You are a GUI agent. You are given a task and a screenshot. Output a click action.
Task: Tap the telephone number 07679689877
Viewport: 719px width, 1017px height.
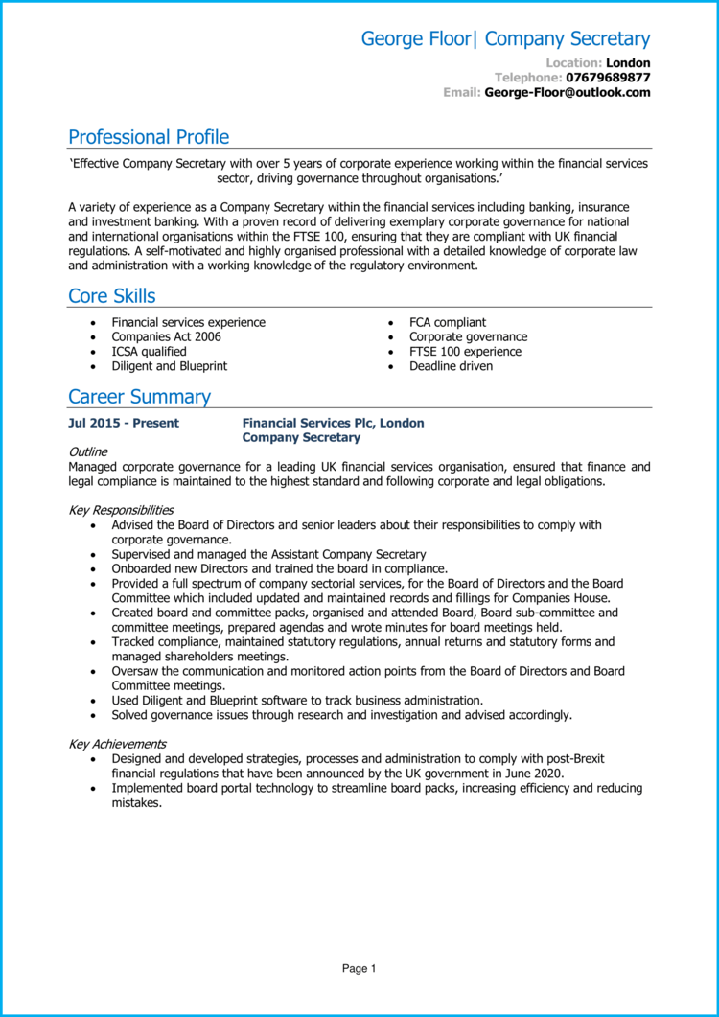tap(608, 78)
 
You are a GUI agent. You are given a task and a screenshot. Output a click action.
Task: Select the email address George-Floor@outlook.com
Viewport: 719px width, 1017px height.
tap(568, 93)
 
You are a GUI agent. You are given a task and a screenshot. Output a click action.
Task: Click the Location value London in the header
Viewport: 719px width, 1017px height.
tap(628, 63)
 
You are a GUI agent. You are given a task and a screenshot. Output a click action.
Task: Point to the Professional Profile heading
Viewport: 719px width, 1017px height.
tap(149, 137)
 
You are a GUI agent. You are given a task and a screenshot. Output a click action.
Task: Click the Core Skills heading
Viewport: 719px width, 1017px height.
tap(111, 296)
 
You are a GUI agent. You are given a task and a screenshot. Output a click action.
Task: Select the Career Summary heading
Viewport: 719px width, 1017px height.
tap(139, 397)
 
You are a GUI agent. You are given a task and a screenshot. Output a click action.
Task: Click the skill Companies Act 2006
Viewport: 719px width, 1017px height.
tap(166, 337)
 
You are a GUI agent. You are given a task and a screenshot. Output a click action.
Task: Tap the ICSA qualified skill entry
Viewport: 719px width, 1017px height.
tap(149, 352)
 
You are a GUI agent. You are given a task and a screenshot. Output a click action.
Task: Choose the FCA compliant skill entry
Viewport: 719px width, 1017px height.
tap(448, 323)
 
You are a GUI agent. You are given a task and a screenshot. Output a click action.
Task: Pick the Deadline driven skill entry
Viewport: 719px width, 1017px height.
tap(451, 366)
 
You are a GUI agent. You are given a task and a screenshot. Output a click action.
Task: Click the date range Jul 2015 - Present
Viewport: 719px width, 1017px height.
tap(124, 423)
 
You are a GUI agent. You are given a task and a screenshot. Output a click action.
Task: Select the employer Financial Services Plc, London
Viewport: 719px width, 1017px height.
tap(333, 423)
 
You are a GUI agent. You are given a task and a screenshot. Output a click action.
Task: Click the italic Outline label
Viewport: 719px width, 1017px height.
tap(88, 451)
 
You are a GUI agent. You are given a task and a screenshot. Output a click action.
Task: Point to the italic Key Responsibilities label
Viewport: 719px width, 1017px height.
tap(121, 511)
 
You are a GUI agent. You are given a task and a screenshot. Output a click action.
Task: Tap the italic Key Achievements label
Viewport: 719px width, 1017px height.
tap(117, 744)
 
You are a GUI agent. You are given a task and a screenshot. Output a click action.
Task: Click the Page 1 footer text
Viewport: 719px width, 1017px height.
tap(359, 969)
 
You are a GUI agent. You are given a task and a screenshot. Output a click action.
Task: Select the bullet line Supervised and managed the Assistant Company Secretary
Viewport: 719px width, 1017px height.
tap(268, 554)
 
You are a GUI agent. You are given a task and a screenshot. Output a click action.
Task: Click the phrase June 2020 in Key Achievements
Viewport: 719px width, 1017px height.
tap(535, 774)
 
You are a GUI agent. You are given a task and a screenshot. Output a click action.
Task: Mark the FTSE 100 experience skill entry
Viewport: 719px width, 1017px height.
tap(465, 352)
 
